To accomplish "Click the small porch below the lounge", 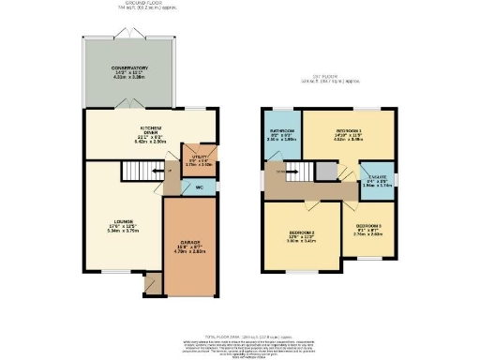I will [151, 282].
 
